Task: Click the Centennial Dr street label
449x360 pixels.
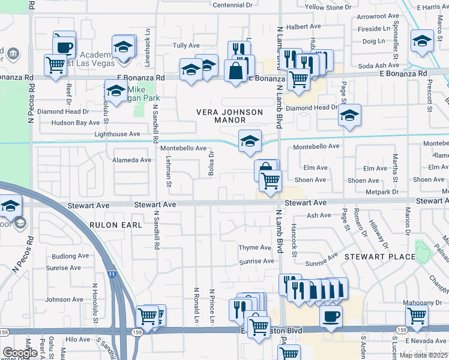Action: tap(232, 5)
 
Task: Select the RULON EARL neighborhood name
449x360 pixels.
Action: tap(116, 225)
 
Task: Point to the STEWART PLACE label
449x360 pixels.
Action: tap(380, 257)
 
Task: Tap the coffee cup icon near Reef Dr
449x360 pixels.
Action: tap(64, 45)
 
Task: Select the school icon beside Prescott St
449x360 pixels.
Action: tap(422, 41)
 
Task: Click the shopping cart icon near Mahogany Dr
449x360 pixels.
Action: tap(417, 314)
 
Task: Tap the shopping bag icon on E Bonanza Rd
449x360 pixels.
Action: tap(236, 70)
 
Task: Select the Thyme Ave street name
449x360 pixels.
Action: tap(255, 248)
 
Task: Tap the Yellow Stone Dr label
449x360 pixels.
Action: tap(328, 7)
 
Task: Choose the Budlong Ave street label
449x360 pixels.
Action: tap(66, 256)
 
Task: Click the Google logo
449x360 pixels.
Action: tap(20, 353)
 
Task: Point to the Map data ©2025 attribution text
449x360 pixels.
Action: tap(423, 355)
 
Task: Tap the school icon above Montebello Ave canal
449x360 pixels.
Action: tap(250, 141)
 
